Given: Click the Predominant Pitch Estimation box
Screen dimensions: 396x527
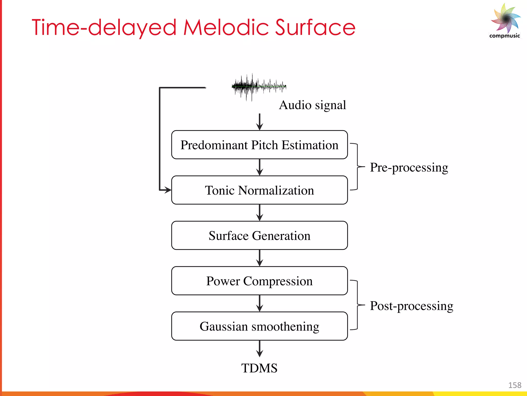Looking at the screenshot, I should [259, 145].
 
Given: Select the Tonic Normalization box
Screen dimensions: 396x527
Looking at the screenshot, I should [259, 190].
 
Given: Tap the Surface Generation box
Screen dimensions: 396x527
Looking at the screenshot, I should [259, 235].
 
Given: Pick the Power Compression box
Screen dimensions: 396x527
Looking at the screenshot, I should [259, 281].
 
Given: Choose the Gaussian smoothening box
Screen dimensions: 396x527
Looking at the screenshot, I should [259, 326].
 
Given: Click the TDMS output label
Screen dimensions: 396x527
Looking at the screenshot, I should [259, 368].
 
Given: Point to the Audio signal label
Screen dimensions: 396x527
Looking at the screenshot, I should [312, 105].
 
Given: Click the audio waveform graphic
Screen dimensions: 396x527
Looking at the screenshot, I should [259, 87].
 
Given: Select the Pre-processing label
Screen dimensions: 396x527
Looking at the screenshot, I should [409, 167].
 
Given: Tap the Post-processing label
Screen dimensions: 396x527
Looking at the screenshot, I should [411, 306].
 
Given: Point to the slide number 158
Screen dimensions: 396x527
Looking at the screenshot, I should [515, 385].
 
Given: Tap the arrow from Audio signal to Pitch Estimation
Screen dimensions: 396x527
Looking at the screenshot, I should [260, 122].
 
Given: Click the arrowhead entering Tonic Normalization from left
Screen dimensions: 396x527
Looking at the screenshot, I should [168, 190].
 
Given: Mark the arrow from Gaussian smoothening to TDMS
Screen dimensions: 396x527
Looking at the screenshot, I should [260, 349].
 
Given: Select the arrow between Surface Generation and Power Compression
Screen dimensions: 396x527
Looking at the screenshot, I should [260, 258].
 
